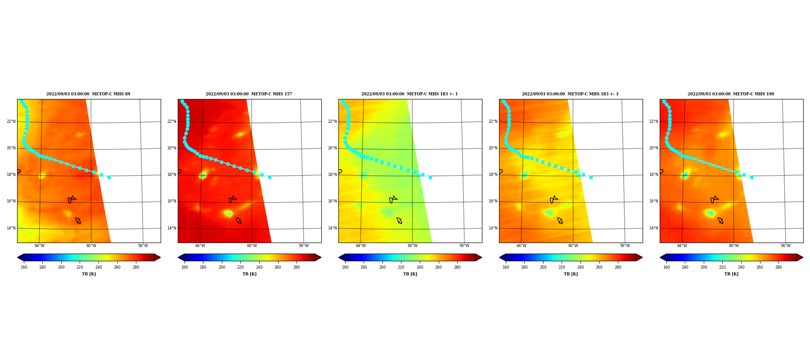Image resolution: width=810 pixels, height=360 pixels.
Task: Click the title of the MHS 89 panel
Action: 88,94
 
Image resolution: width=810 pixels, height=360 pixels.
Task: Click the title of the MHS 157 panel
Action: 249,94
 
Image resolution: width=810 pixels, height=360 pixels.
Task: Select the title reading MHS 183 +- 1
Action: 409,94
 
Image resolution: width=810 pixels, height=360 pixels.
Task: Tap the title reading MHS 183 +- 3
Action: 570,94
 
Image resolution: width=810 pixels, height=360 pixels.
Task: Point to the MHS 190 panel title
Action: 731,94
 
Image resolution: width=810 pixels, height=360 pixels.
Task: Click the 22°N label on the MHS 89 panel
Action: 11,121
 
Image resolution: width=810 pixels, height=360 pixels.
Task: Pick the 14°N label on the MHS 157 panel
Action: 172,228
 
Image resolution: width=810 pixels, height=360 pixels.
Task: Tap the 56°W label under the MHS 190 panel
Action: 785,246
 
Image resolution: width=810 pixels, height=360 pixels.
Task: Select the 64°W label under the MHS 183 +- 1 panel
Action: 360,246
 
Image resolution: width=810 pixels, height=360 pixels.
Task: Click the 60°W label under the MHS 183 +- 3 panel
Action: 573,246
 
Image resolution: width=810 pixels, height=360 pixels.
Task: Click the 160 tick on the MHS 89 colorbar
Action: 24,267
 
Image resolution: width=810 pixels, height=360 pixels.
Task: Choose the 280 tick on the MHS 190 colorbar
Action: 778,267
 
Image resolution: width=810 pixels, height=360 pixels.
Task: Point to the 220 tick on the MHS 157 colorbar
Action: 240,267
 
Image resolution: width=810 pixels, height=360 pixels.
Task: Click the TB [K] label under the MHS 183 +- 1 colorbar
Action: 410,274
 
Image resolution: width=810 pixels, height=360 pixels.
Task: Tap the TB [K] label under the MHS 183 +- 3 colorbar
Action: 571,274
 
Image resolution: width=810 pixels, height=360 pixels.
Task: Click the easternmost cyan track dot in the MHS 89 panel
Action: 109,177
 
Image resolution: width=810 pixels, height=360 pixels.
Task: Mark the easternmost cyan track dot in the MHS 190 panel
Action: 751,177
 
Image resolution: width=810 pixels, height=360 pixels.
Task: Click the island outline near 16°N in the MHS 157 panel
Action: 233,199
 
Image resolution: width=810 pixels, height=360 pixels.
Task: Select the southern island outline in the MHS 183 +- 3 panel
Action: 560,220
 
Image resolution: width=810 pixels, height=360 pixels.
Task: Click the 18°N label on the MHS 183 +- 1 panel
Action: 333,175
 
